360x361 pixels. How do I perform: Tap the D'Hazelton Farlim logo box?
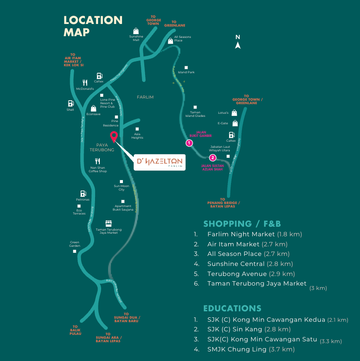coord(160,162)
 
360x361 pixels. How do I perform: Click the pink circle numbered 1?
coord(189,143)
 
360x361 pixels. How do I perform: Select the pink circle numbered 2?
coord(213,158)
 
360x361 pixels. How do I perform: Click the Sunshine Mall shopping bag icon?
coord(136,31)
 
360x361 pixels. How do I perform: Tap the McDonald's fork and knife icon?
coord(85,82)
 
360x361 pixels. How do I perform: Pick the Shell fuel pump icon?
coord(70,104)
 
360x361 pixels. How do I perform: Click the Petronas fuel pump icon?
coord(82,194)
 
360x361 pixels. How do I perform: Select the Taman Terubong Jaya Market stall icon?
coord(109,223)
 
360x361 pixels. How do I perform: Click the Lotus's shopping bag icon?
coord(234,112)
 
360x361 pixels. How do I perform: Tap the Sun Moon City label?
coord(122,187)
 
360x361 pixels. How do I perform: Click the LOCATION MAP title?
coord(93,26)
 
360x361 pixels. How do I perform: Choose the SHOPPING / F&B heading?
coord(242,224)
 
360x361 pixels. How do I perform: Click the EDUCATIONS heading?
coord(232,308)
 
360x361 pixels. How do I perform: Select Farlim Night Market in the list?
coord(241,234)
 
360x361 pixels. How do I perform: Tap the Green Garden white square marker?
coord(75,251)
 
